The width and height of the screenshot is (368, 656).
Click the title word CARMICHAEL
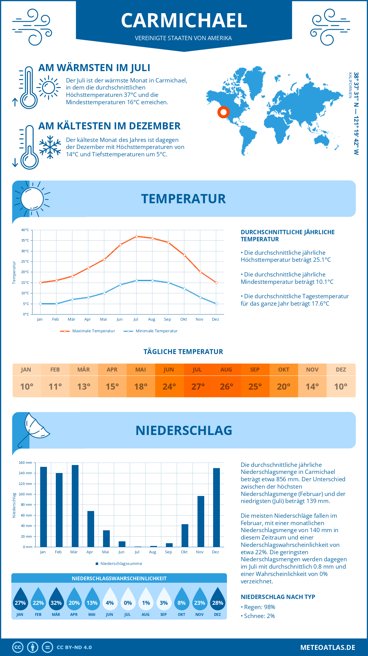pos(184,21)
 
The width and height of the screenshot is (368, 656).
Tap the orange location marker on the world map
pos(224,112)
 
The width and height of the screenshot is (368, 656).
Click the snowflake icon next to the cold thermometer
pos(50,147)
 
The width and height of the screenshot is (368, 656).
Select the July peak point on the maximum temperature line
pos(136,236)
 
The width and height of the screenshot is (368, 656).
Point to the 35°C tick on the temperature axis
pos(25,240)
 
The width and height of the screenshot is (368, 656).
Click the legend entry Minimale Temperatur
pos(156,331)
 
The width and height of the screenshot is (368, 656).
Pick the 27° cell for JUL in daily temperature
pos(198,387)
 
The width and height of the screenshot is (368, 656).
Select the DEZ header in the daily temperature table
pos(341,369)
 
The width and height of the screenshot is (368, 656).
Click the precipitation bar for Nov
pos(201,521)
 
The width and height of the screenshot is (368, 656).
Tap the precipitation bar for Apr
pos(90,529)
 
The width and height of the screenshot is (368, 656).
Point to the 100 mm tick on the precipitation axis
pos(25,494)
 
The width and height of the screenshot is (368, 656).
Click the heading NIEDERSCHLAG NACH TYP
pos(278,597)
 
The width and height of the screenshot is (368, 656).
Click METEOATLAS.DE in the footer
pos(328,647)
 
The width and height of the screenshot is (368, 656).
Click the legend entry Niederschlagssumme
pos(121,563)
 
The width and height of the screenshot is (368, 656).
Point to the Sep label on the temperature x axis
pos(167,319)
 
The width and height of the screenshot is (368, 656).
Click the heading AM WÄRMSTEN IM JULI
pos(94,68)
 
